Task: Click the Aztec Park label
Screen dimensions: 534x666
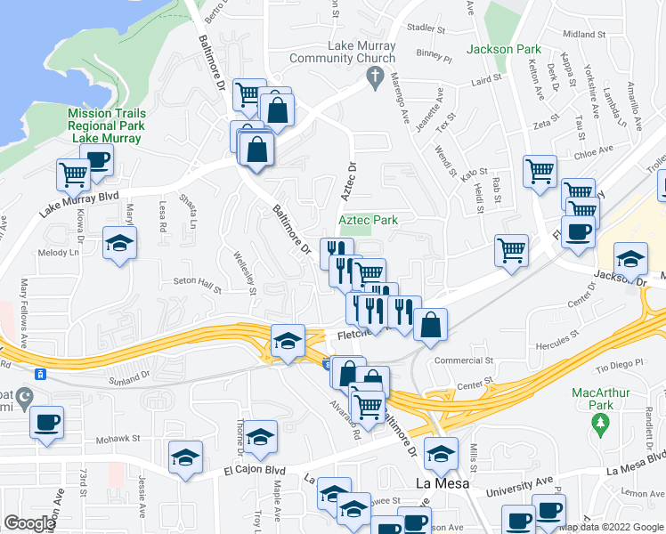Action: (368, 220)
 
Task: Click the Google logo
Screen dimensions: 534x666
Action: (29, 523)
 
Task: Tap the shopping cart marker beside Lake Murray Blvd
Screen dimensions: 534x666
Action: (73, 173)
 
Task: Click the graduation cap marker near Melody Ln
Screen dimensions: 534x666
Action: (118, 243)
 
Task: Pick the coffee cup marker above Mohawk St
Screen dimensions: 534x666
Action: (45, 421)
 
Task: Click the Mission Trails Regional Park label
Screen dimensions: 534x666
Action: (106, 125)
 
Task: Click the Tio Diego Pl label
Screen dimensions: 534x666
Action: (618, 366)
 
